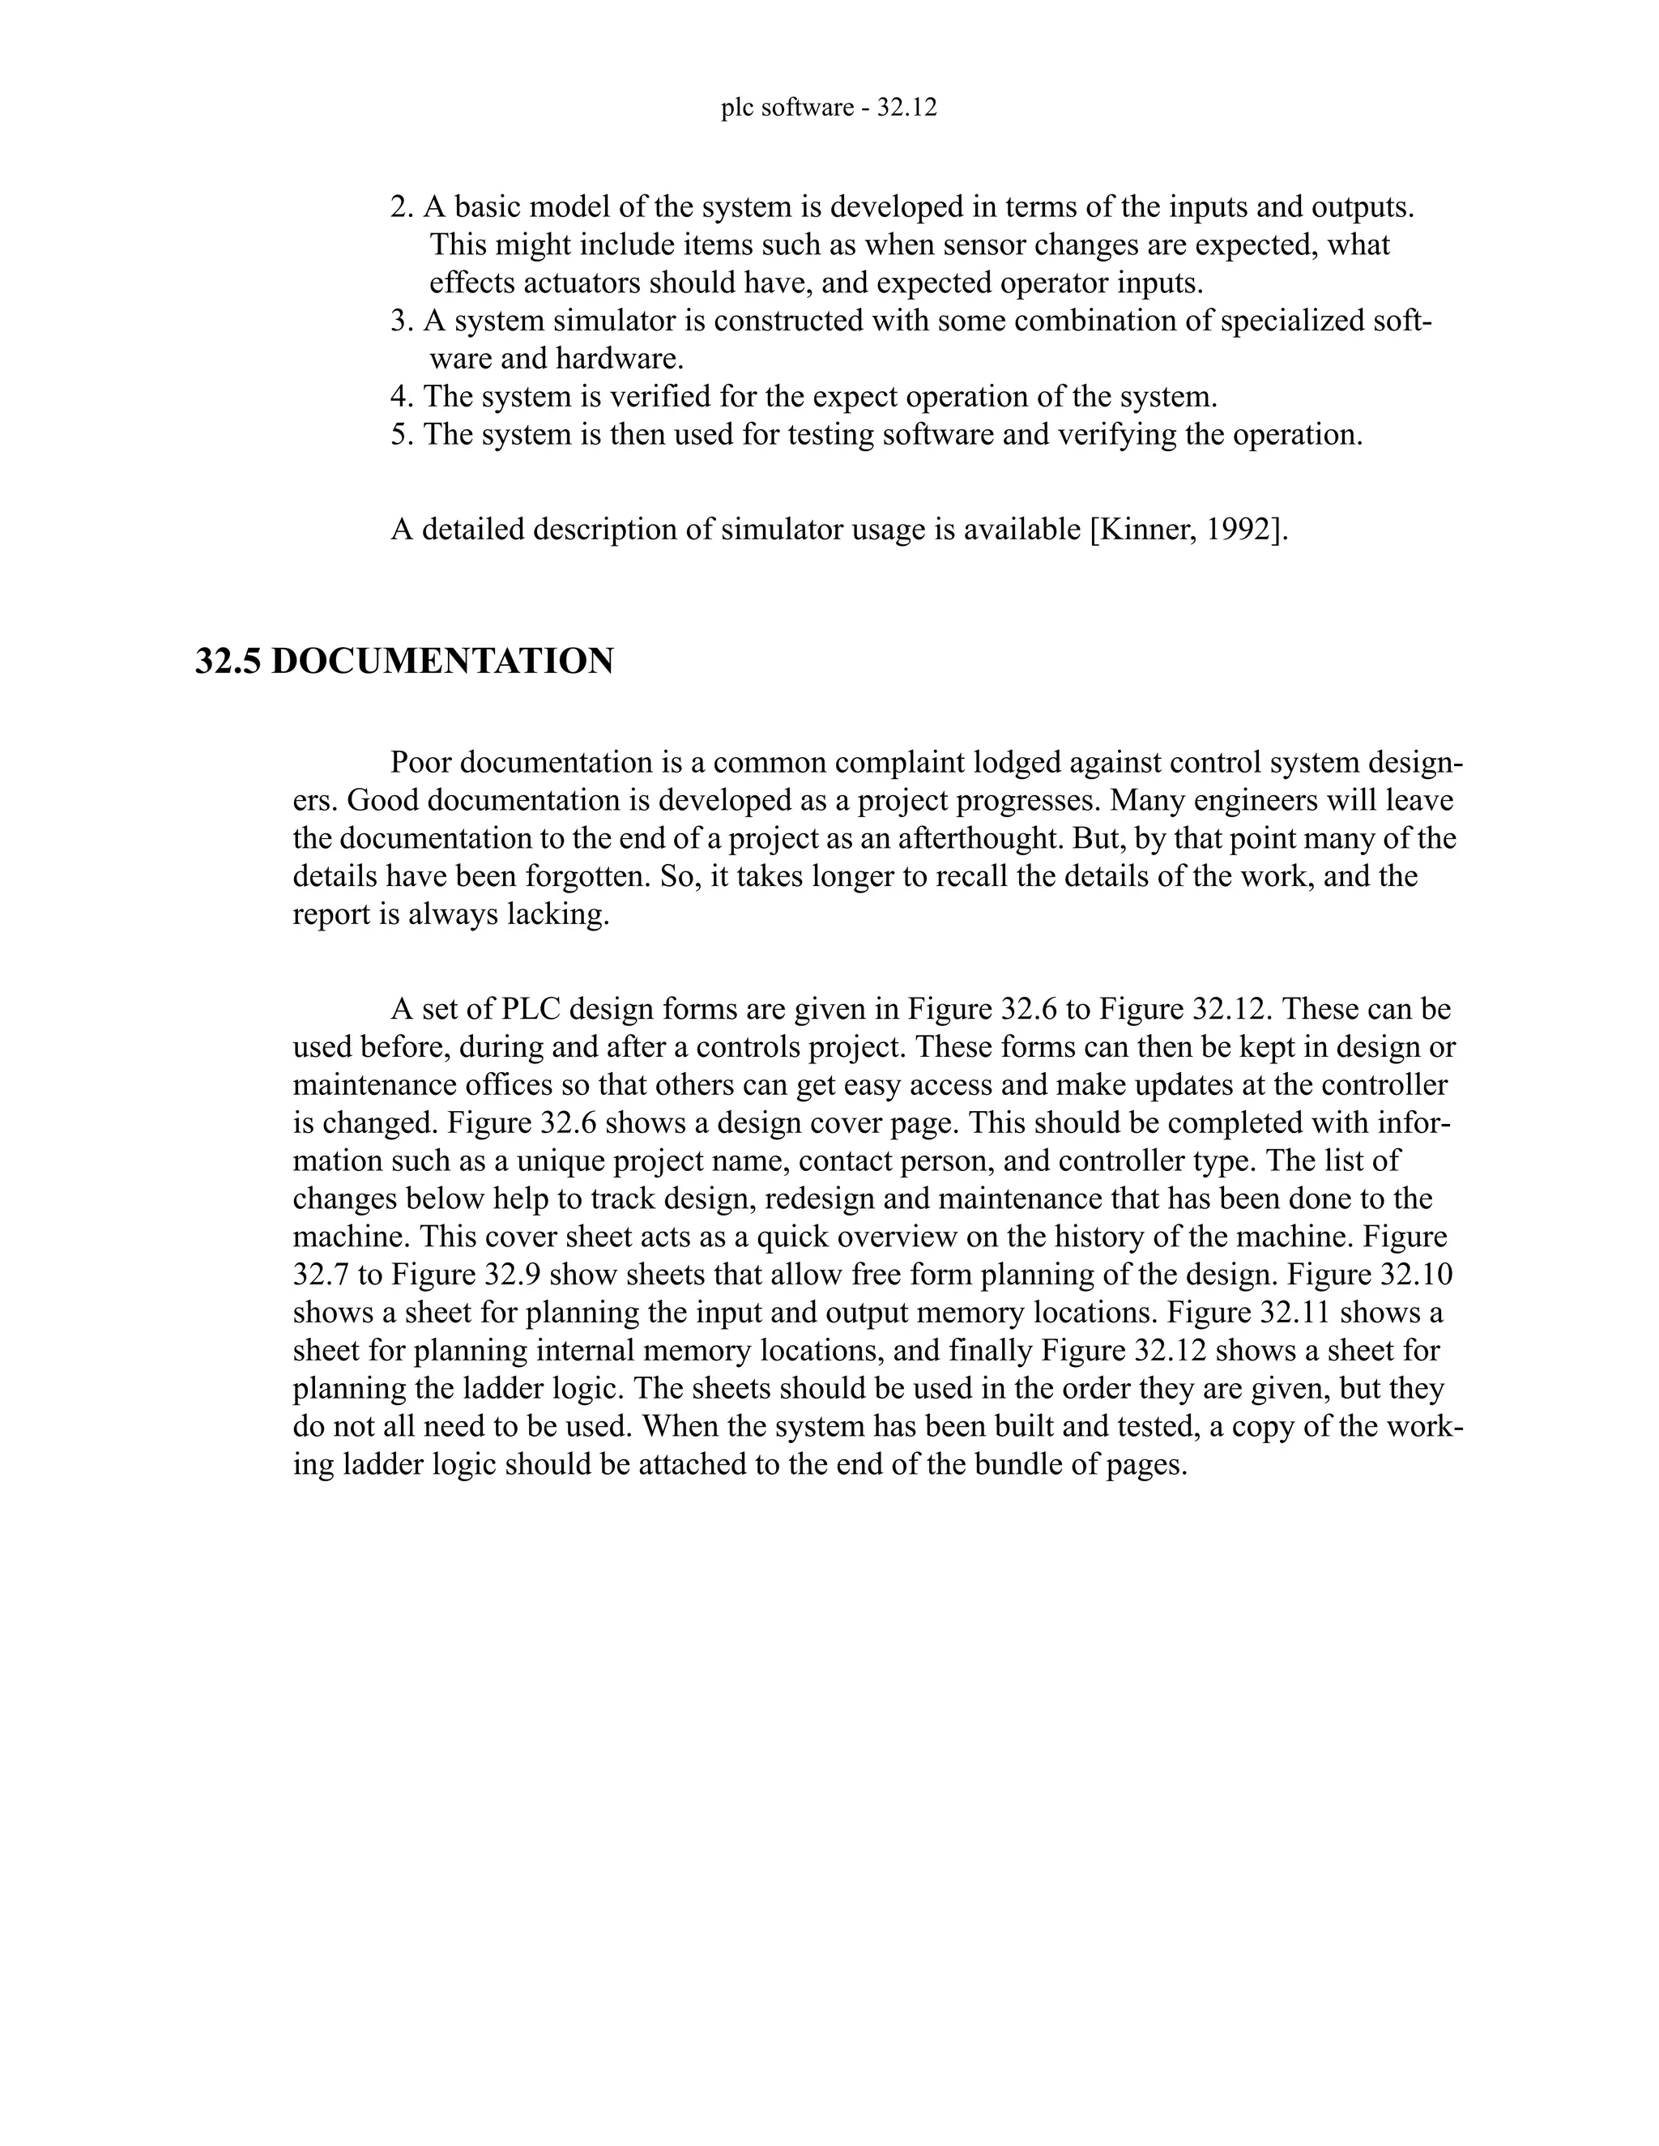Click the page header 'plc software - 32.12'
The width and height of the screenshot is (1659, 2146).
pyautogui.click(x=829, y=108)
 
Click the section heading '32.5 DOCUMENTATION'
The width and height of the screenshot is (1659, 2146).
pyautogui.click(x=404, y=662)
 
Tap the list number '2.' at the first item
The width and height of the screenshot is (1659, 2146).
pyautogui.click(x=403, y=207)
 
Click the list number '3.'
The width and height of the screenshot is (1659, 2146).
pyautogui.click(x=403, y=321)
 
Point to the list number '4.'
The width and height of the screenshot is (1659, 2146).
pyautogui.click(x=403, y=397)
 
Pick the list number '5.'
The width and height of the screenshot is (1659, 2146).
pyautogui.click(x=403, y=434)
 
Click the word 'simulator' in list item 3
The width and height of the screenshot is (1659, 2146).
pyautogui.click(x=616, y=321)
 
